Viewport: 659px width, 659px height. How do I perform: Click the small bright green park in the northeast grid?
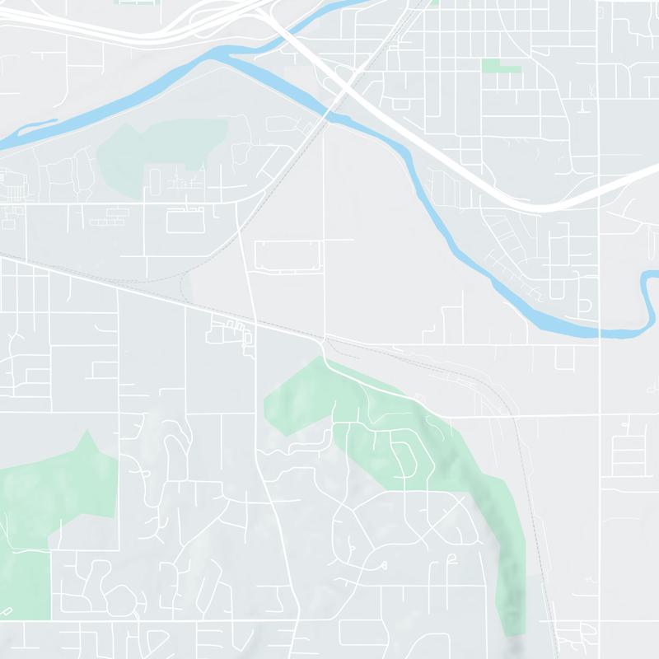[x=502, y=65]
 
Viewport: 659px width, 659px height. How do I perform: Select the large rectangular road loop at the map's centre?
[x=286, y=256]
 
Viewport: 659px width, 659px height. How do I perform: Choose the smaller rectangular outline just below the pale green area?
[x=185, y=220]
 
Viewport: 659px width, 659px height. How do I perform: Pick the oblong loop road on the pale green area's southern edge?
[x=154, y=181]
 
